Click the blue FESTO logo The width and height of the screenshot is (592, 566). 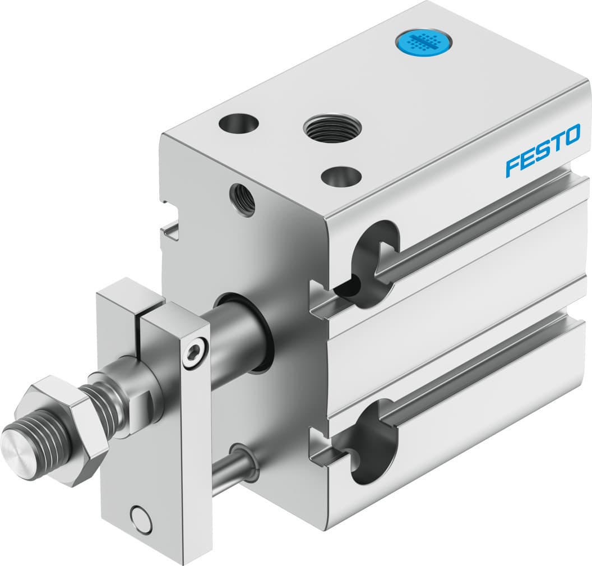click(543, 150)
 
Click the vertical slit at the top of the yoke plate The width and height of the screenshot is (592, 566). click(138, 323)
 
